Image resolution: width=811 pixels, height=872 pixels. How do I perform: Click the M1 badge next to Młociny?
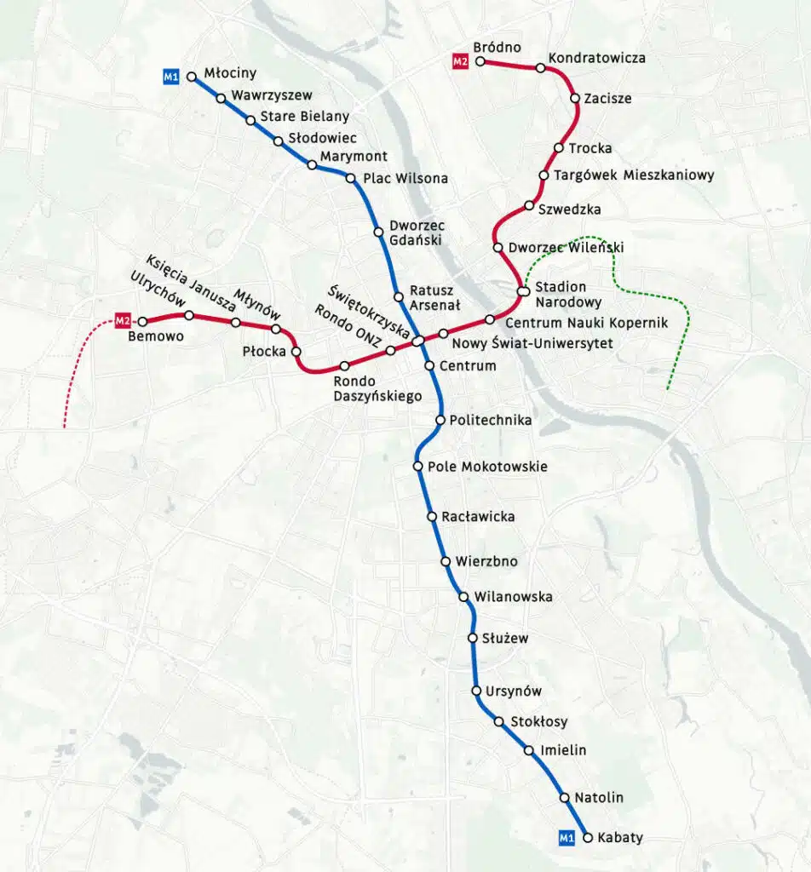(171, 77)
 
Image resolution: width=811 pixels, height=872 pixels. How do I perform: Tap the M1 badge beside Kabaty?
(567, 838)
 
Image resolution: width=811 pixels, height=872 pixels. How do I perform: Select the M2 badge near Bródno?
(461, 61)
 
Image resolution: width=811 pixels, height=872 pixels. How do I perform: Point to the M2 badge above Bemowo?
(123, 321)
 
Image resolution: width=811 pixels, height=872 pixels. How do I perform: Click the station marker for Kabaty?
(588, 838)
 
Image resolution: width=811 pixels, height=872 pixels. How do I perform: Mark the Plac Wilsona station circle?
(350, 178)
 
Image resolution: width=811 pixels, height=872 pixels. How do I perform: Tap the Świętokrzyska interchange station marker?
(418, 341)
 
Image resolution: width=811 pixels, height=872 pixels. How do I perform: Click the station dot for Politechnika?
(440, 420)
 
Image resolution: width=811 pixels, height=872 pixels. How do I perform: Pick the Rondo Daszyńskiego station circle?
(345, 366)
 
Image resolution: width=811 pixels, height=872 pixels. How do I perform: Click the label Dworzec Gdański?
(416, 232)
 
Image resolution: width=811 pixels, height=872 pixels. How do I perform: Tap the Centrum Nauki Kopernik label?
(586, 323)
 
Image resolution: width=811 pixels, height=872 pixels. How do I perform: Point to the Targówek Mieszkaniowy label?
(634, 175)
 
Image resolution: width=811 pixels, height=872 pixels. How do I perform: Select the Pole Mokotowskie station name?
(487, 467)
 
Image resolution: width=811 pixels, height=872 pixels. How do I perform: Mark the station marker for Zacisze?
(575, 99)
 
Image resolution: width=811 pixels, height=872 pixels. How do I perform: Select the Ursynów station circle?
(477, 691)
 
